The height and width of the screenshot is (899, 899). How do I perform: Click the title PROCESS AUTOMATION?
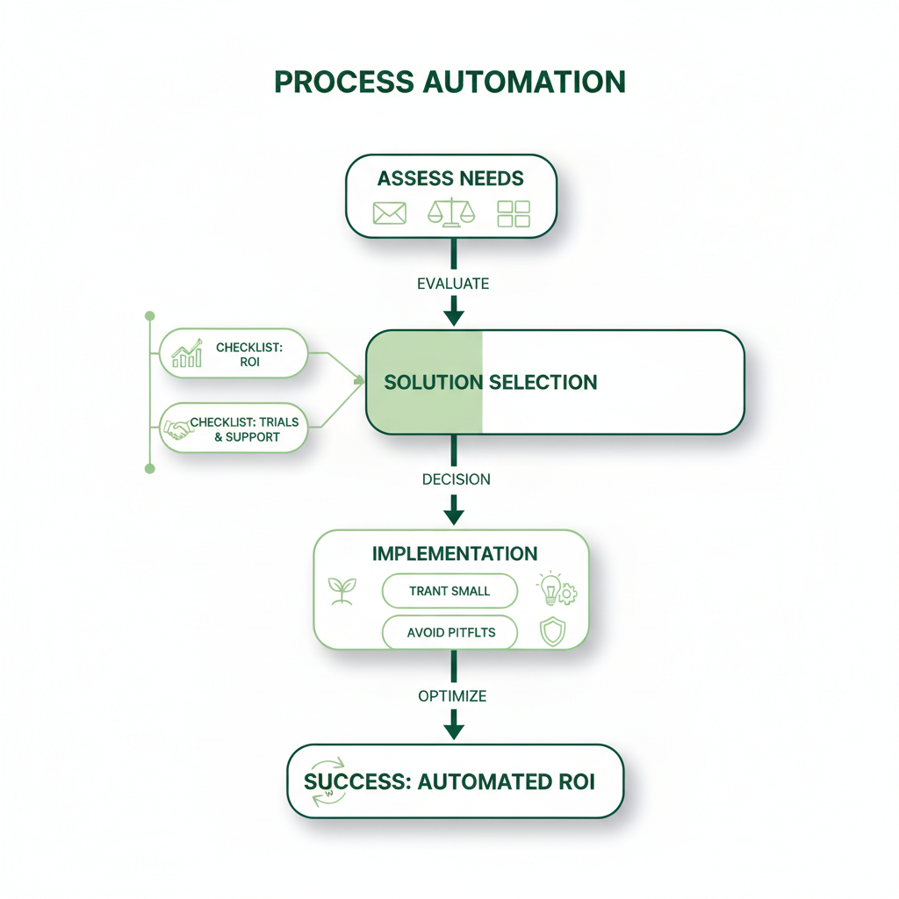(x=449, y=82)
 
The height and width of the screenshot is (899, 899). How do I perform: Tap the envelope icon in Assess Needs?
(x=389, y=213)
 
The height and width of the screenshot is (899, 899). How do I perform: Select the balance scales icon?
(x=450, y=212)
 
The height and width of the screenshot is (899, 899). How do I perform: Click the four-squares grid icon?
(x=514, y=213)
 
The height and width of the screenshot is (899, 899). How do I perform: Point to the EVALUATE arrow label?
(x=454, y=284)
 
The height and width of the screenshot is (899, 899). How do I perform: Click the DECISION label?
(x=456, y=479)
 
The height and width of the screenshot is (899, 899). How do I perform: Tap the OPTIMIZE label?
(x=452, y=696)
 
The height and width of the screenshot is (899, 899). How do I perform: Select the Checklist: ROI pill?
(x=234, y=354)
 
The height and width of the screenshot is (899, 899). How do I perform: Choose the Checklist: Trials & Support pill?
(x=234, y=428)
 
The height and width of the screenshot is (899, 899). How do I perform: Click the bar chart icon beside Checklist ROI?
(x=187, y=354)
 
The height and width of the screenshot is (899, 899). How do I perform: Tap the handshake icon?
(x=177, y=428)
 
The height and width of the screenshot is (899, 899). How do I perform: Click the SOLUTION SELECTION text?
(x=491, y=383)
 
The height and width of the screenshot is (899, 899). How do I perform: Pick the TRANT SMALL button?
(x=449, y=591)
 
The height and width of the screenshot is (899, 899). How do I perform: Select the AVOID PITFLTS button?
(x=449, y=632)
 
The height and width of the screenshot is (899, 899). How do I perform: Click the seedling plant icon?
(x=339, y=591)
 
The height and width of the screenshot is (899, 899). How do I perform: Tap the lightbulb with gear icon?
(x=555, y=590)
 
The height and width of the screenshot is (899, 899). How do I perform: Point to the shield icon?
(x=552, y=632)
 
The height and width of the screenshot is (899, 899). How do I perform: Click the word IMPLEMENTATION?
(x=455, y=554)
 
